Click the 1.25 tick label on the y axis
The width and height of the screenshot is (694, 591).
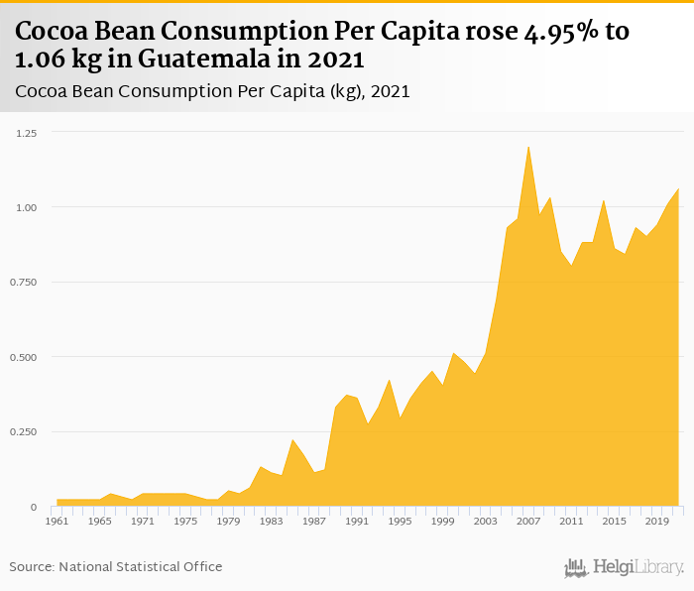click(x=26, y=133)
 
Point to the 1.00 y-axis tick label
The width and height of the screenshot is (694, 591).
click(x=26, y=207)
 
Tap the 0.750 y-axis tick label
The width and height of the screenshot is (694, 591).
click(x=24, y=283)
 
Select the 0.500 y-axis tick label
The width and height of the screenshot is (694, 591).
click(x=24, y=357)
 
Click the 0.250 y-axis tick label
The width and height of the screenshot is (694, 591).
click(x=24, y=432)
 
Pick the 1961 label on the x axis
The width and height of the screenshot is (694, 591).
click(x=58, y=520)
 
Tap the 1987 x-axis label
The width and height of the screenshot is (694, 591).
click(x=313, y=520)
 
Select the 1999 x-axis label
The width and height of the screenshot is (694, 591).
click(x=444, y=520)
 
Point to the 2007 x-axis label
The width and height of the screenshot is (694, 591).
click(x=527, y=520)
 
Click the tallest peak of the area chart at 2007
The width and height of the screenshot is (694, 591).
click(x=528, y=147)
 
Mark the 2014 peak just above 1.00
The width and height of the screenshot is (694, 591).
click(x=603, y=200)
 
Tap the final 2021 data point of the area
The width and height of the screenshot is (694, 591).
click(x=678, y=188)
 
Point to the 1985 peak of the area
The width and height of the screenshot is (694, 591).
click(x=292, y=439)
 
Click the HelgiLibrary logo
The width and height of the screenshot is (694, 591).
click(x=624, y=567)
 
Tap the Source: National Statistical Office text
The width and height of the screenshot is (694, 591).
click(x=116, y=566)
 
